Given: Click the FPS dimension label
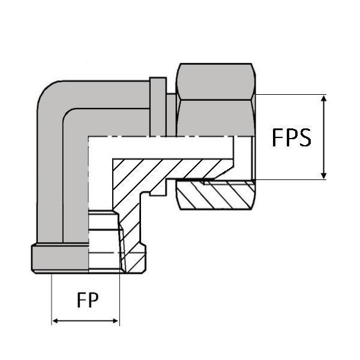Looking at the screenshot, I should pyautogui.click(x=292, y=137).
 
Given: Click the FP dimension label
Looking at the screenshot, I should pyautogui.click(x=88, y=299).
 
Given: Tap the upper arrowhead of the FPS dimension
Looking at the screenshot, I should pyautogui.click(x=324, y=98).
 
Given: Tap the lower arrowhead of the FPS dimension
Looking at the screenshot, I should pyautogui.click(x=324, y=175).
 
